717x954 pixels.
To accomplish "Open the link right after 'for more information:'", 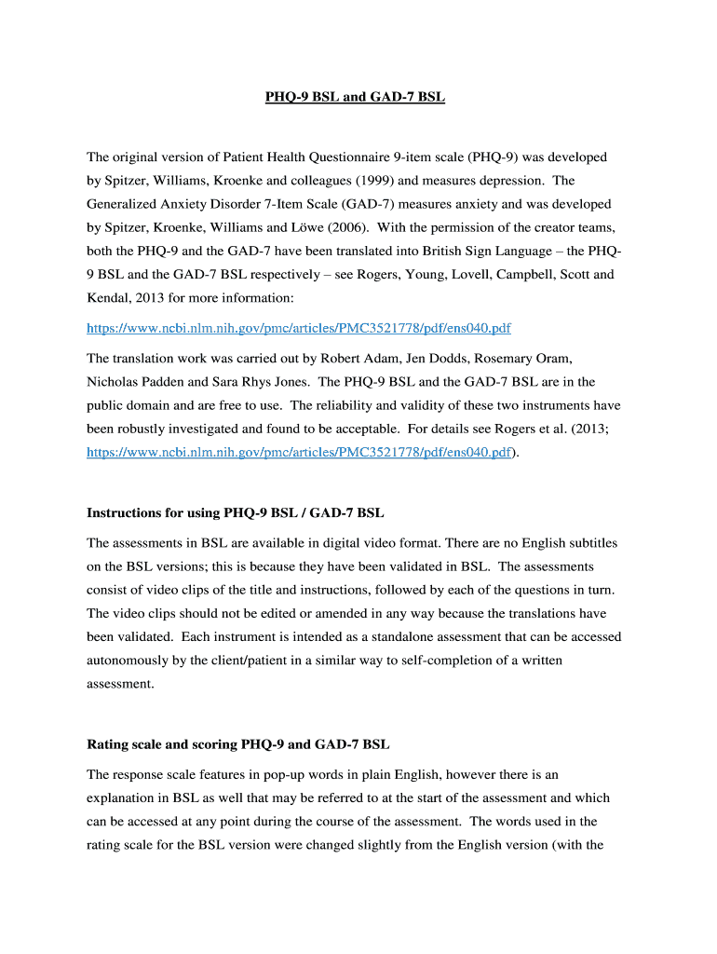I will tap(298, 329).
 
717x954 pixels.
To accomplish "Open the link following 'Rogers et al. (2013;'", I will tap(298, 452).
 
